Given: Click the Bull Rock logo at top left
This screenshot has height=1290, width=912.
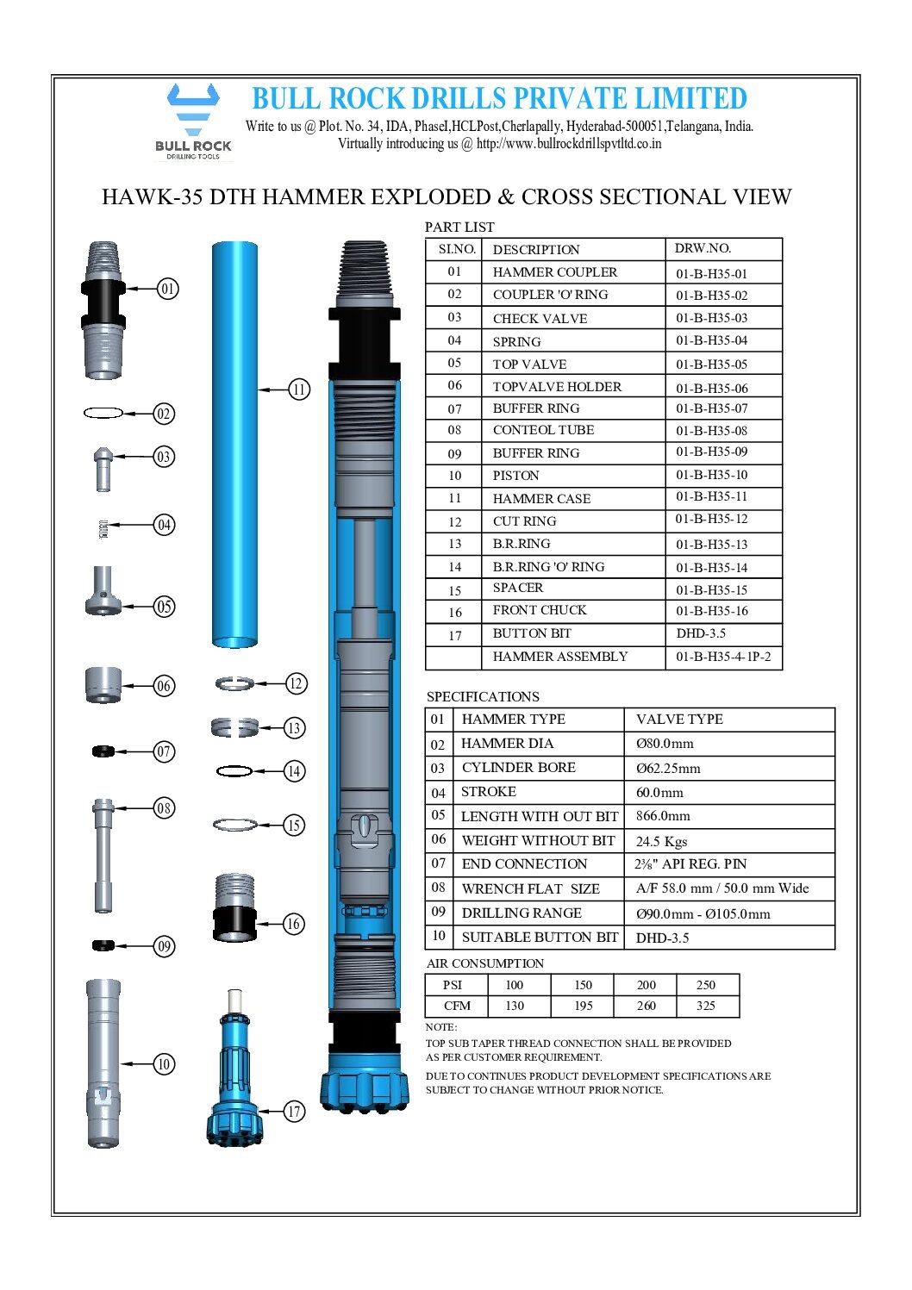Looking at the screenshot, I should click(193, 121).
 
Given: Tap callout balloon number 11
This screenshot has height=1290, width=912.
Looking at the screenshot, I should click(298, 389).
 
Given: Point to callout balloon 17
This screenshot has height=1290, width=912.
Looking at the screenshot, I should click(294, 1111).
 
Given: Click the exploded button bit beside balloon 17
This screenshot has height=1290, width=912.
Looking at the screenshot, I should click(234, 1077).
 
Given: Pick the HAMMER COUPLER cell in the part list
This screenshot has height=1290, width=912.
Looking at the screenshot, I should click(554, 272).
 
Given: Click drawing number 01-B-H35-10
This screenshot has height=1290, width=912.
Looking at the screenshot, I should click(711, 475).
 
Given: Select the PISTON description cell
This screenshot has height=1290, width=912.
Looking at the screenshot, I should click(515, 476).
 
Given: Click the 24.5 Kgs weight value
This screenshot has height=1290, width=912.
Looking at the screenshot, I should click(661, 841).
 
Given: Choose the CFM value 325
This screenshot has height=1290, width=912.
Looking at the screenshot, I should click(706, 1006).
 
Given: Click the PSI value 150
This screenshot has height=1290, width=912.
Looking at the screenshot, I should click(584, 985).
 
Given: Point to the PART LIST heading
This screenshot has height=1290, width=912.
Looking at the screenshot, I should click(459, 227).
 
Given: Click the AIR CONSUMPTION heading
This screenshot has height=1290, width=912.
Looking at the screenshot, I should click(484, 963).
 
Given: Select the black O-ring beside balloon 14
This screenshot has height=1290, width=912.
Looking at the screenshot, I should click(234, 770).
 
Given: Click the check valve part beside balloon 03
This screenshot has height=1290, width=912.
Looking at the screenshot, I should click(103, 468).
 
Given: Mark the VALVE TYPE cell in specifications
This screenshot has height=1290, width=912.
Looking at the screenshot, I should click(679, 720).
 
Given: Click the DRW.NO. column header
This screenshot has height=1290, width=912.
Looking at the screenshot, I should click(703, 248).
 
